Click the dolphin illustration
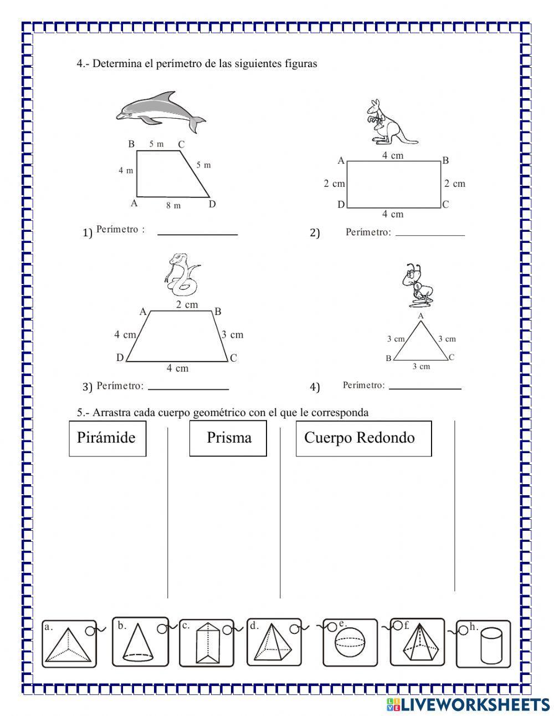[x=160, y=111]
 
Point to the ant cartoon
[x=418, y=285]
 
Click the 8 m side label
[x=173, y=205]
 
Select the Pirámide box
[x=107, y=438]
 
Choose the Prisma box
[x=228, y=438]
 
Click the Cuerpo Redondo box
[x=363, y=438]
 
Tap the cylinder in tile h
[x=491, y=646]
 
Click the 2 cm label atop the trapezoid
[x=187, y=304]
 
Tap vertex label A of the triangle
[x=420, y=316]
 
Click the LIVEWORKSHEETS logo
[x=468, y=704]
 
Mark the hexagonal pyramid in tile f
[x=419, y=645]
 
